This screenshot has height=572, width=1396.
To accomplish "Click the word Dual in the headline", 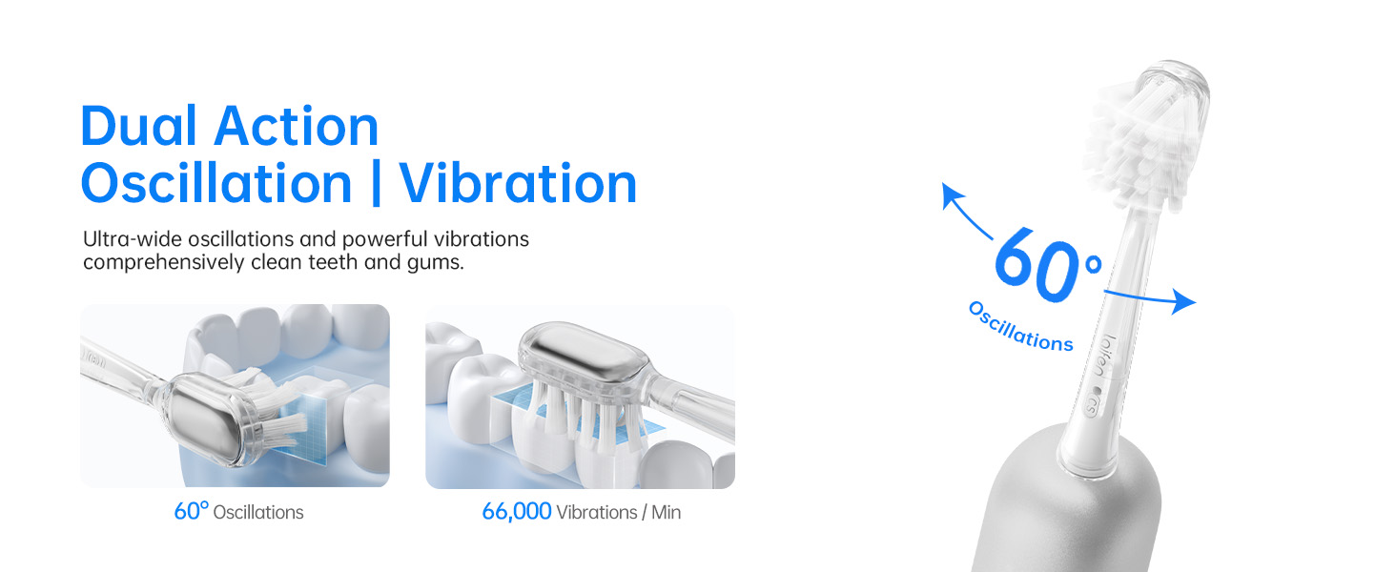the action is pyautogui.click(x=139, y=127).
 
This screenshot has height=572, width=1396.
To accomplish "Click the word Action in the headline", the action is pyautogui.click(x=297, y=127).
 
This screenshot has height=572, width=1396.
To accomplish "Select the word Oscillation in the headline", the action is pyautogui.click(x=216, y=183).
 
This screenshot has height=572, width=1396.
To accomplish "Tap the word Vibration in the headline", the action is pyautogui.click(x=518, y=183).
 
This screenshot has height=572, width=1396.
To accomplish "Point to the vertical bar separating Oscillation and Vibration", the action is pyautogui.click(x=376, y=183).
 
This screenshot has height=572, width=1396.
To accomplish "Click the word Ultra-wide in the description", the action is pyautogui.click(x=133, y=238).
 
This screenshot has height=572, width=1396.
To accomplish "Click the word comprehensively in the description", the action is pyautogui.click(x=163, y=263).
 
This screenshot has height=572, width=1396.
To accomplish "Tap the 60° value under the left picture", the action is pyautogui.click(x=191, y=511).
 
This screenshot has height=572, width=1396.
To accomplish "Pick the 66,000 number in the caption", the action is pyautogui.click(x=517, y=512).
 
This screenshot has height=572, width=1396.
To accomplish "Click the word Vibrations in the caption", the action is pyautogui.click(x=597, y=512).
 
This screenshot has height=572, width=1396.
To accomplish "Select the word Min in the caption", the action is pyautogui.click(x=667, y=512).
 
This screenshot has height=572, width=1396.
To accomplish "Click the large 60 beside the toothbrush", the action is pyautogui.click(x=1037, y=264).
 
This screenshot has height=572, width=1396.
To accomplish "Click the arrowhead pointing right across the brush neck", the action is pyautogui.click(x=1183, y=301).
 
